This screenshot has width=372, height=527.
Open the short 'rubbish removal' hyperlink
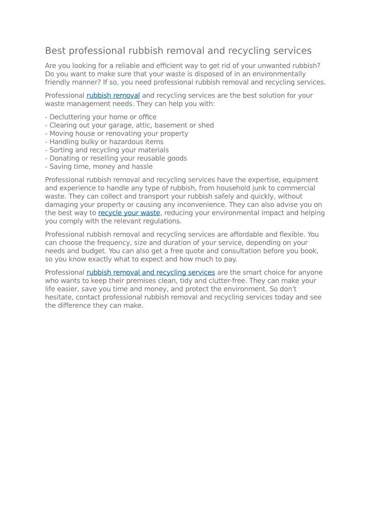[113, 96]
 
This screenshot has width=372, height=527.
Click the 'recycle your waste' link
[129, 213]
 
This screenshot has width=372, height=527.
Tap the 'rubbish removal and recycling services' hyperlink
[150, 273]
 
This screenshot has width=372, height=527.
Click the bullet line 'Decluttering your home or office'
[101, 117]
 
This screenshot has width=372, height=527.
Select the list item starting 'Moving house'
[117, 134]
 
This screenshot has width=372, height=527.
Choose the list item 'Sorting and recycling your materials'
[107, 150]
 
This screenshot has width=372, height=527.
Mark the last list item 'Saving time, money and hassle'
[99, 167]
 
